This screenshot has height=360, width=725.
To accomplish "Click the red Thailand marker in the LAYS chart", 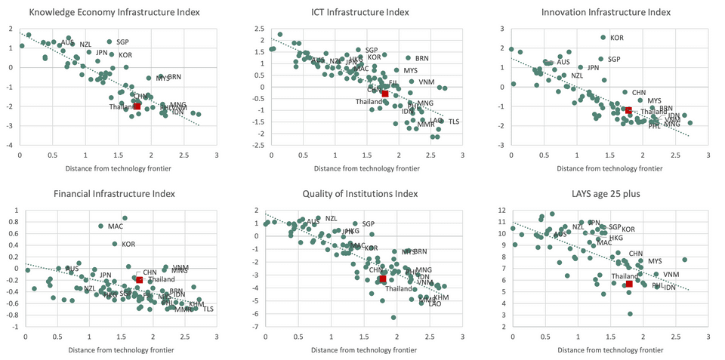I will (628, 284).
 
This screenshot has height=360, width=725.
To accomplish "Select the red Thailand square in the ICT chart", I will (385, 94).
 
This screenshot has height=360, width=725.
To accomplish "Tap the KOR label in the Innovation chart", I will (617, 38).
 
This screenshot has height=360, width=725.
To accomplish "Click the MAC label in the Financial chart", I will (116, 226).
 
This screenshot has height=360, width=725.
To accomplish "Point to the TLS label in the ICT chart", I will (454, 122).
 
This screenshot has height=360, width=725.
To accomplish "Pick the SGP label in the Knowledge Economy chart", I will (123, 42).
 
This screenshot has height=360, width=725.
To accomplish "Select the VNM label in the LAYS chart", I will (671, 274).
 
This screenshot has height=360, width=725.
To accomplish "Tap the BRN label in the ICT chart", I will (422, 58).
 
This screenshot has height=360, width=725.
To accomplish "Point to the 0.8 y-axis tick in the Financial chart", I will (12, 221).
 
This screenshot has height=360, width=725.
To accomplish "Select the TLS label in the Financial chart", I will (208, 309).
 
